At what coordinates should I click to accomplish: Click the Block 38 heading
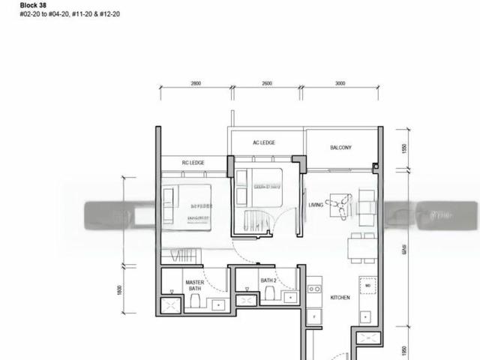14,4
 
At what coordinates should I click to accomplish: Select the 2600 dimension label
267,84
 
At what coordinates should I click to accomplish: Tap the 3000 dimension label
340,84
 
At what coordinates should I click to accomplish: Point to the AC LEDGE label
264,142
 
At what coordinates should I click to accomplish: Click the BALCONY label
340,148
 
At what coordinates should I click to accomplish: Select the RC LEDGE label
193,163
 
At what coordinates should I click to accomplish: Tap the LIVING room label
316,204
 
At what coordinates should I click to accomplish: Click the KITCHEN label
340,298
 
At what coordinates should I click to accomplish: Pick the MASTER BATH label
194,286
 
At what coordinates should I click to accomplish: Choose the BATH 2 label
268,280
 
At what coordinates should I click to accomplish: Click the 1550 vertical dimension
403,148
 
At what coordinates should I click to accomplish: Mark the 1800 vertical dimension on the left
120,289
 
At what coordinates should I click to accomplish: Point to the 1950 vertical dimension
403,351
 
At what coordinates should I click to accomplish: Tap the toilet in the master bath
194,301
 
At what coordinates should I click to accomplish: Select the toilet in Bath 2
269,295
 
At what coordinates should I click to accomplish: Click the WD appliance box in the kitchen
367,286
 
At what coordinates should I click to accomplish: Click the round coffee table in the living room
342,205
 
